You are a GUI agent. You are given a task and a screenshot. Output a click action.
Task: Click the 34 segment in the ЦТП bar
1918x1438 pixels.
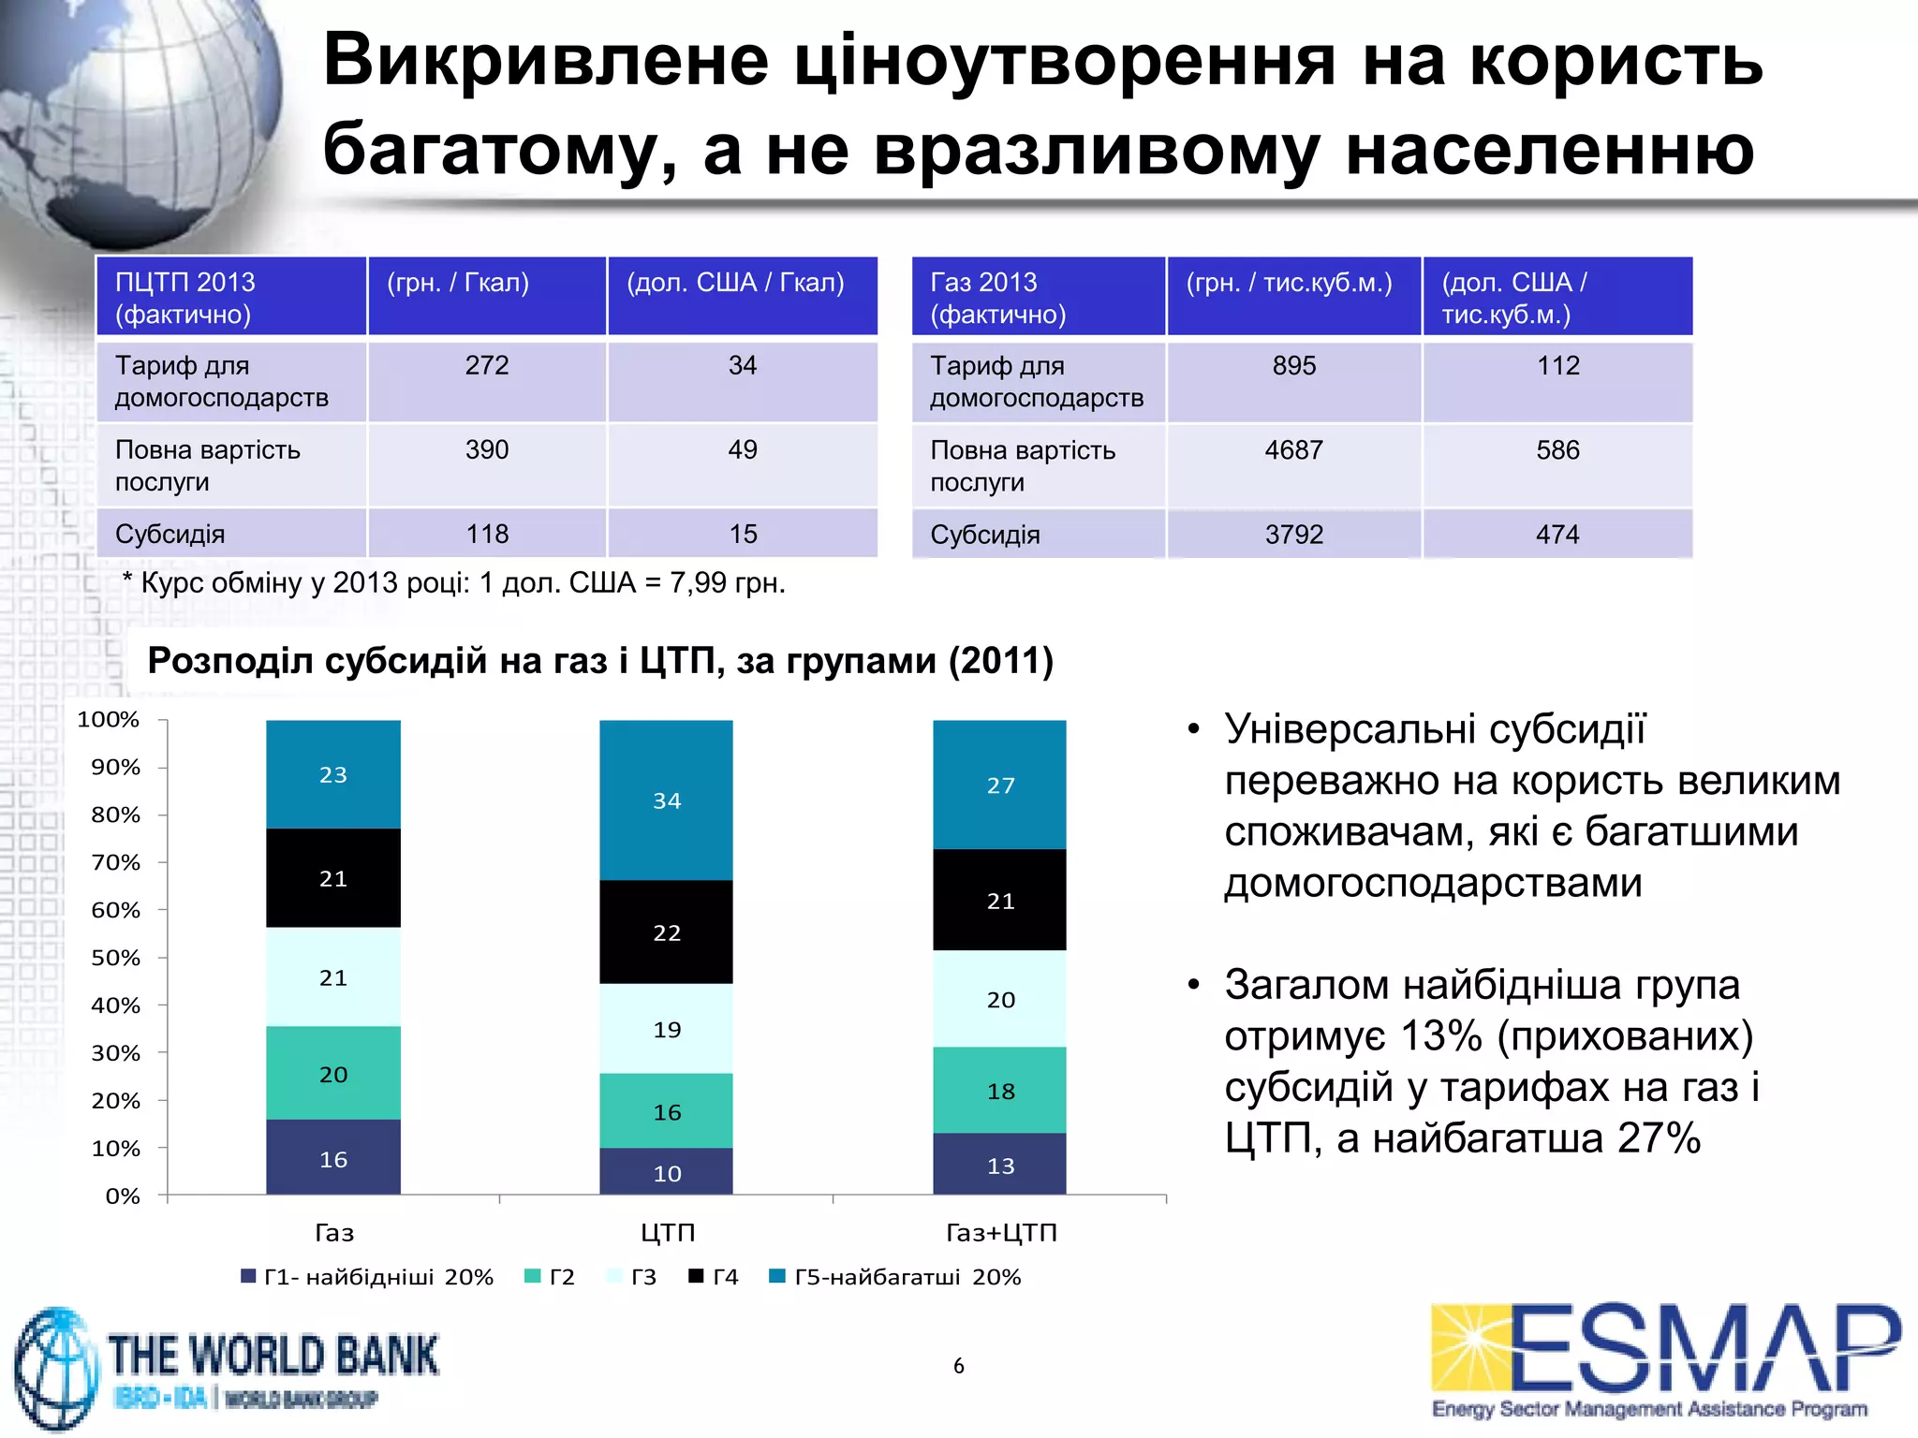(666, 800)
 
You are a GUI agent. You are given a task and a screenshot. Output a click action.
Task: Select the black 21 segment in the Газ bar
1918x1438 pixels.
(333, 877)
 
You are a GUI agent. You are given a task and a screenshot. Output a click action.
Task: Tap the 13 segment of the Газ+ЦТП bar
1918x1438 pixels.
(999, 1164)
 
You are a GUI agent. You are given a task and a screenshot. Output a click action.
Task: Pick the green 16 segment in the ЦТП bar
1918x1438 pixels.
(666, 1110)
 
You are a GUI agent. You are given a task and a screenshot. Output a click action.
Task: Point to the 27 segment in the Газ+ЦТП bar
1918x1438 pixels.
(999, 785)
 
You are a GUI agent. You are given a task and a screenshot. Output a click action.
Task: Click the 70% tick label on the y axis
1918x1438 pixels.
(116, 862)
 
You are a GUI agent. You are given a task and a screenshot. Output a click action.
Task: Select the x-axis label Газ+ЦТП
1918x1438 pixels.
(1000, 1232)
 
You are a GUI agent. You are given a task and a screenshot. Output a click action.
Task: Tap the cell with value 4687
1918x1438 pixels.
(1293, 450)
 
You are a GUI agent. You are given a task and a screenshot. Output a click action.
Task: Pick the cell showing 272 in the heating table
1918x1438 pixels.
(487, 365)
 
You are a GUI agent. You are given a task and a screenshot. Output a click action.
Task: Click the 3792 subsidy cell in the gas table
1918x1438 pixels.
(1293, 535)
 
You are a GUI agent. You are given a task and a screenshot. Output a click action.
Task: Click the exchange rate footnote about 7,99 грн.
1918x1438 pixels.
(454, 583)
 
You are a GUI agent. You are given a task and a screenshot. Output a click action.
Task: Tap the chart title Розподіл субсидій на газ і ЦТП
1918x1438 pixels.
(600, 661)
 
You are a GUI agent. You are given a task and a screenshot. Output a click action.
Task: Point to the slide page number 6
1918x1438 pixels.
(958, 1366)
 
